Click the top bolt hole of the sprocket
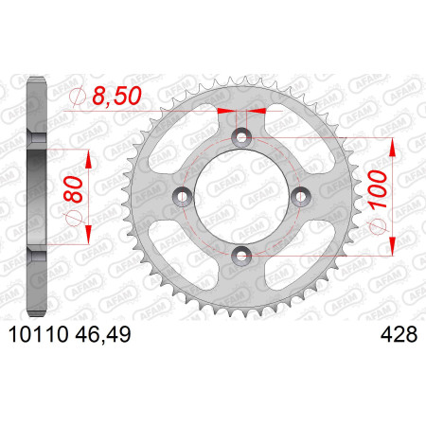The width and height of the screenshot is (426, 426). (x=241, y=137)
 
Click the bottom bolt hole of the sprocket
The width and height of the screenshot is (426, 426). (x=241, y=256)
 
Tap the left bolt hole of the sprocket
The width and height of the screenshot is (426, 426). (x=183, y=197)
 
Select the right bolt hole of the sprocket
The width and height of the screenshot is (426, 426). (x=301, y=197)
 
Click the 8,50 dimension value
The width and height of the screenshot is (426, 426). (x=116, y=96)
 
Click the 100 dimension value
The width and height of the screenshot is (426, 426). (x=378, y=189)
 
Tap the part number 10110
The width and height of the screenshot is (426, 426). (x=39, y=334)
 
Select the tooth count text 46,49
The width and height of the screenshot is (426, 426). (x=103, y=334)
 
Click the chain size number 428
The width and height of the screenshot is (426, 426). (x=399, y=334)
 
